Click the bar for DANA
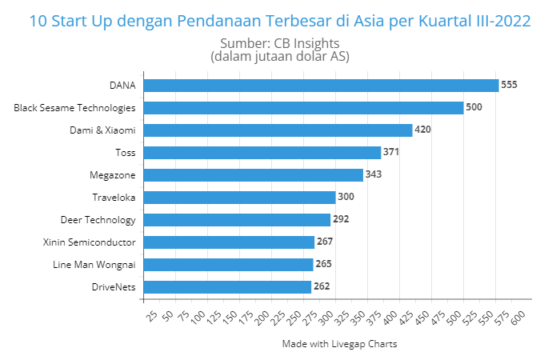320,85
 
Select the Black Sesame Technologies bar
303,107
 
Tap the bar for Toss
262,152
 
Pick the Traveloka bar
239,197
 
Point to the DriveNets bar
227,286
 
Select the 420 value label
423,130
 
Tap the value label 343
374,174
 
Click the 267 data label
325,242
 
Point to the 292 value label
341,219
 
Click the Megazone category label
113,174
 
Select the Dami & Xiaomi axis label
102,130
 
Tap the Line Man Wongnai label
94,264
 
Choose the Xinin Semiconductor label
89,242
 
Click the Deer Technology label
98,219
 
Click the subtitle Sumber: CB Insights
279,43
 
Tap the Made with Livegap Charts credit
339,344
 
